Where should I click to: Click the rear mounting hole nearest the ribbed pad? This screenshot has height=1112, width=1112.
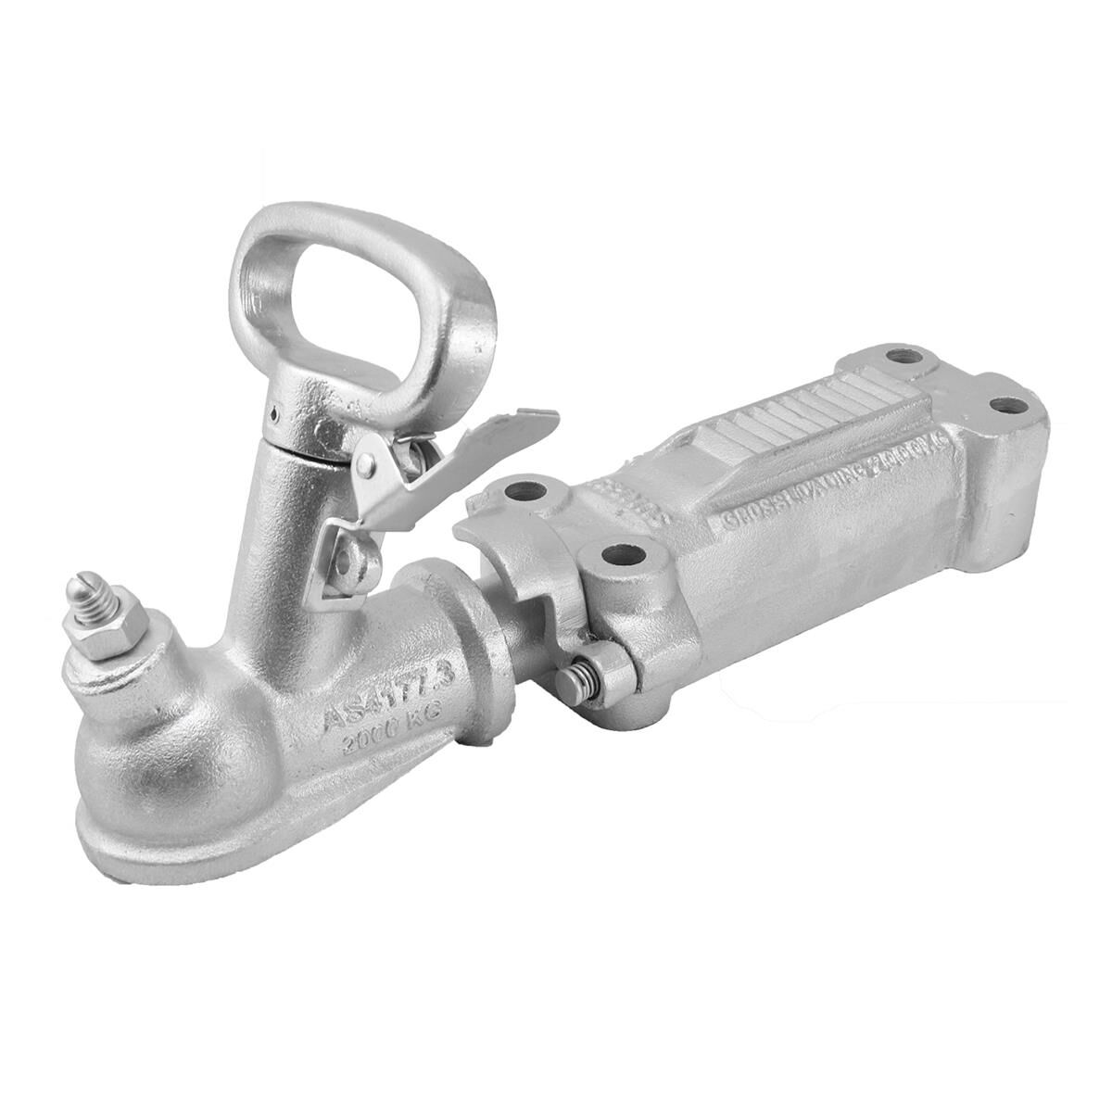897,357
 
